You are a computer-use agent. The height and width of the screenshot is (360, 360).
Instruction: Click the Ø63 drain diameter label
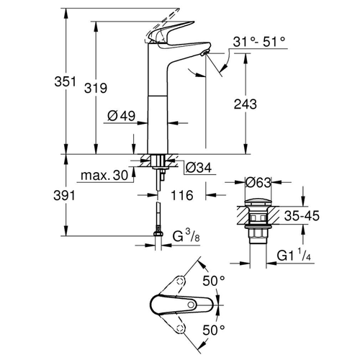click(257, 182)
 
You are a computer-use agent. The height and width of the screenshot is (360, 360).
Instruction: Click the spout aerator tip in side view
click(204, 54)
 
